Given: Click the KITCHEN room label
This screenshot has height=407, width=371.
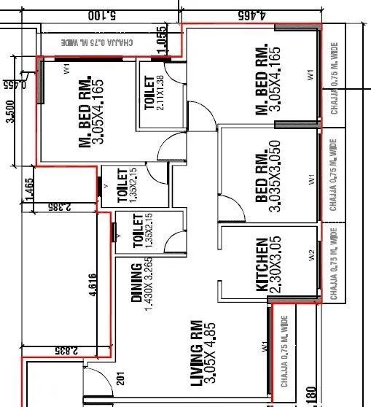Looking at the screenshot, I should (261, 265).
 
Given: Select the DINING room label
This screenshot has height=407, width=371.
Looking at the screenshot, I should (136, 283).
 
